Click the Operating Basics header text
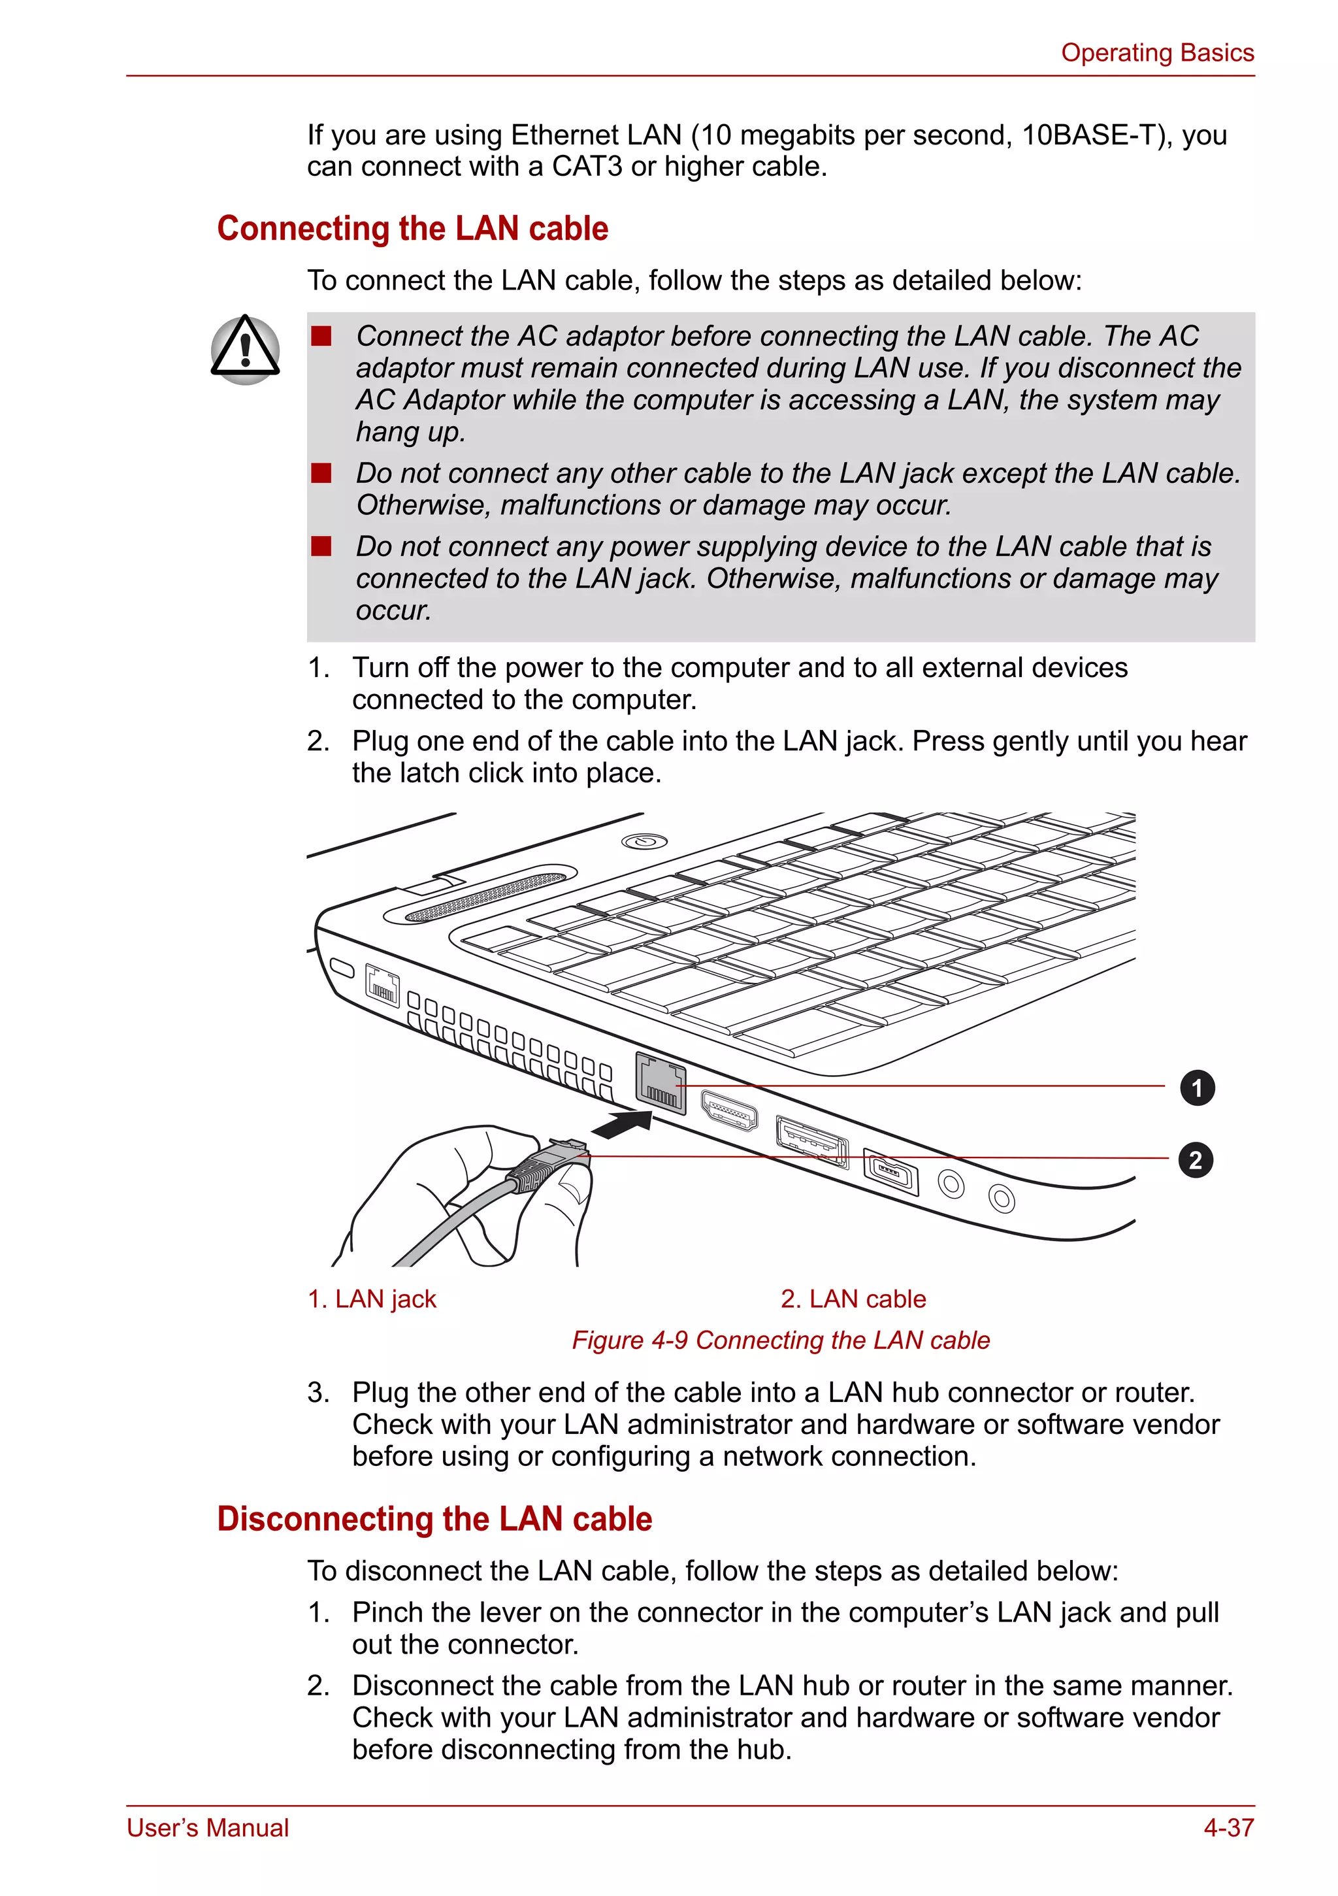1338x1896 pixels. pyautogui.click(x=1156, y=53)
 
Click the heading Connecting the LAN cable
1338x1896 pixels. pyautogui.click(x=413, y=229)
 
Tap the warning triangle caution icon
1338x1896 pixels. pyautogui.click(x=245, y=349)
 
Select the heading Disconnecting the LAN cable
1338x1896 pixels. pyautogui.click(x=434, y=1520)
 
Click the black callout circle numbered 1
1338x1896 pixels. pyautogui.click(x=1197, y=1088)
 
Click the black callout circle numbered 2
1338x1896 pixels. pyautogui.click(x=1195, y=1159)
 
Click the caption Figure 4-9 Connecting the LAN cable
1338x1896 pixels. pyautogui.click(x=781, y=1340)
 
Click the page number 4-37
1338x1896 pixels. pyautogui.click(x=1228, y=1827)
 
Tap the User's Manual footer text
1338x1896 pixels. pyautogui.click(x=208, y=1827)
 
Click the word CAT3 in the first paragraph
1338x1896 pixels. pyautogui.click(x=587, y=167)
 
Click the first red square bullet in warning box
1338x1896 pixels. pyautogui.click(x=321, y=336)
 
